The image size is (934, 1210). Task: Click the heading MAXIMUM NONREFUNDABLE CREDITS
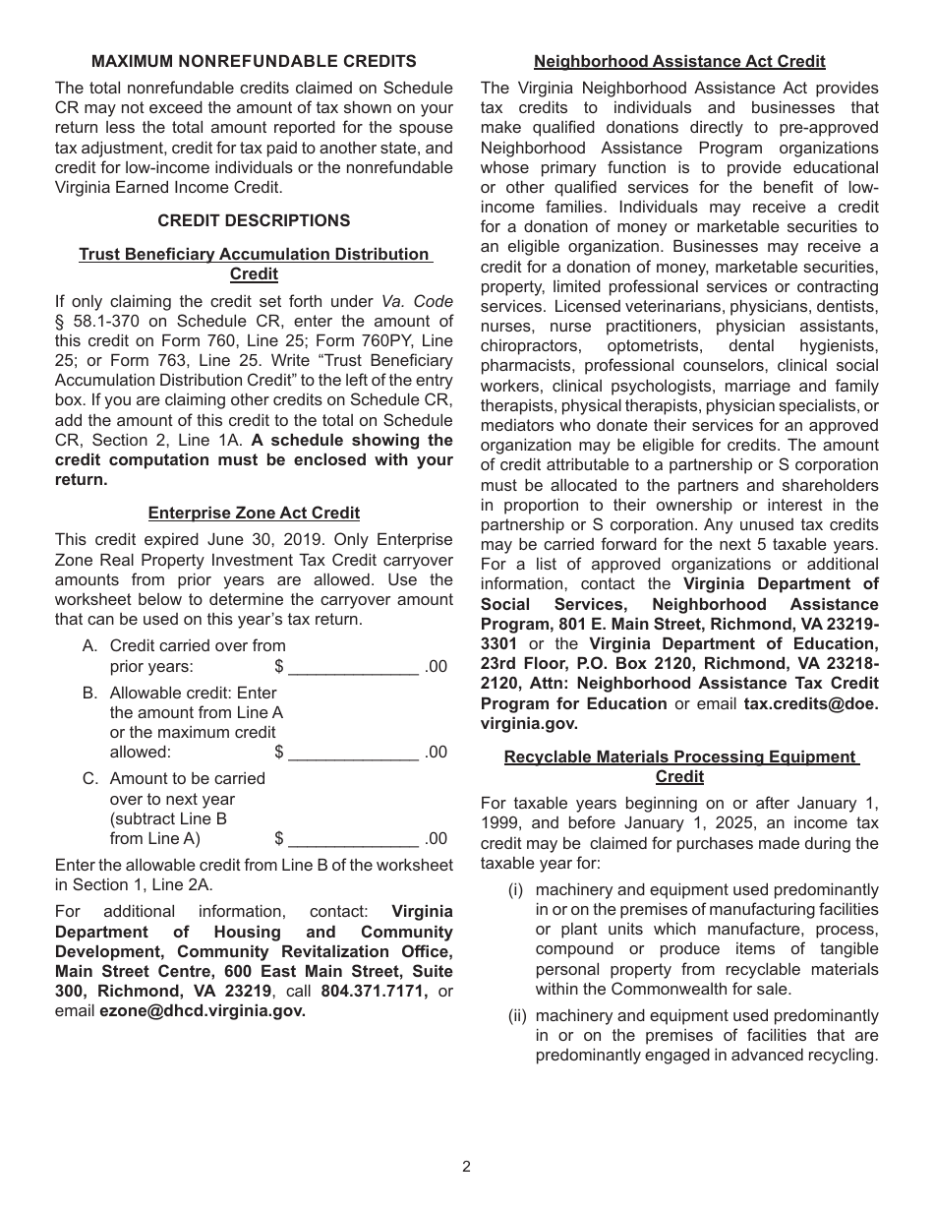pyautogui.click(x=254, y=61)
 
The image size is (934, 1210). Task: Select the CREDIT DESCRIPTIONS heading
pyautogui.click(x=254, y=220)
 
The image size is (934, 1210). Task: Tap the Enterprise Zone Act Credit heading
pyautogui.click(x=254, y=513)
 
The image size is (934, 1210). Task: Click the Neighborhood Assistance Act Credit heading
pyautogui.click(x=679, y=61)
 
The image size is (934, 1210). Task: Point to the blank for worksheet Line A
pyautogui.click(x=353, y=667)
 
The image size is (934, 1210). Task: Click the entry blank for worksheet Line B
pyautogui.click(x=353, y=753)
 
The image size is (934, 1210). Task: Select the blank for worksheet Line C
pyautogui.click(x=353, y=839)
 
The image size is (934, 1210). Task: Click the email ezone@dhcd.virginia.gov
pyautogui.click(x=202, y=1010)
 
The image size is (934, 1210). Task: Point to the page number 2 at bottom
pyautogui.click(x=466, y=1167)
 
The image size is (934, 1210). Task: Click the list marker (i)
pyautogui.click(x=515, y=889)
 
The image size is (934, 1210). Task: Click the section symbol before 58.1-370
pyautogui.click(x=59, y=322)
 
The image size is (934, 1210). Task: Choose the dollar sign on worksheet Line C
pyautogui.click(x=279, y=839)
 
